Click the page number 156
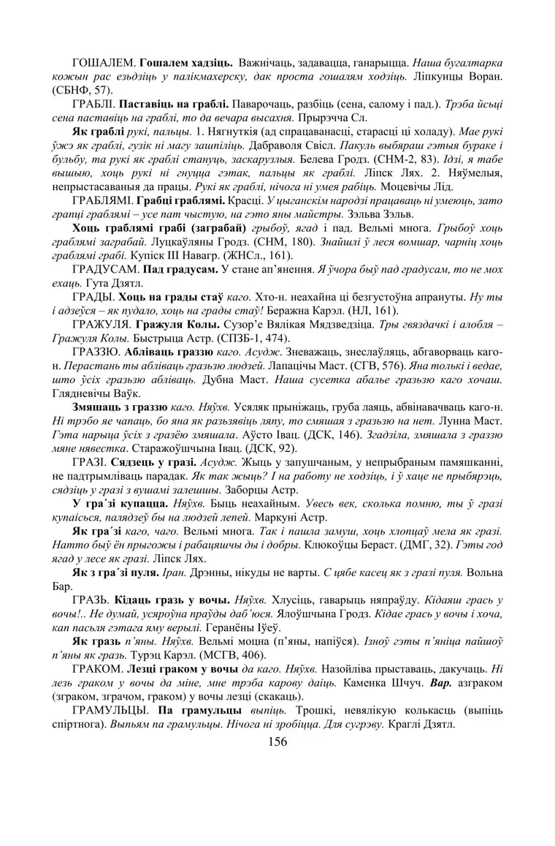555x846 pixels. (x=277, y=741)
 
